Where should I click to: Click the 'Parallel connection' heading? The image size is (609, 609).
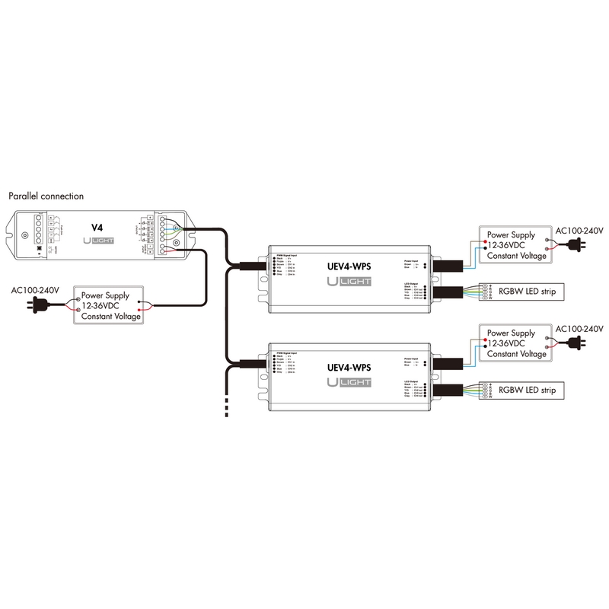[x=46, y=196]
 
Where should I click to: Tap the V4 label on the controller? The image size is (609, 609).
[x=97, y=227]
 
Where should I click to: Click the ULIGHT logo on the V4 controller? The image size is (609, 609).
[x=98, y=242]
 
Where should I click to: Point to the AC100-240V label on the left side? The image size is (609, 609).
[x=35, y=291]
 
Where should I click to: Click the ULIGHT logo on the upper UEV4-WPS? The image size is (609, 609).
[x=349, y=282]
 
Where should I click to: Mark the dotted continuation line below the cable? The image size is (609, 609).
[x=226, y=405]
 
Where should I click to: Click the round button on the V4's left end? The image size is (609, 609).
[x=26, y=234]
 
